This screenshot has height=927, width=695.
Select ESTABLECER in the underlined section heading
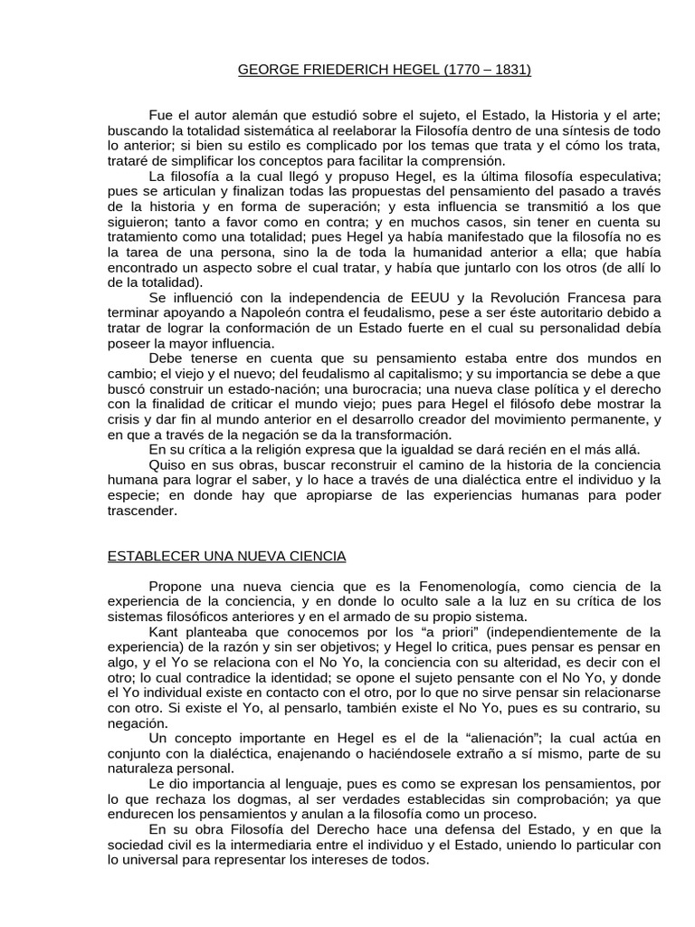[x=152, y=556]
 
